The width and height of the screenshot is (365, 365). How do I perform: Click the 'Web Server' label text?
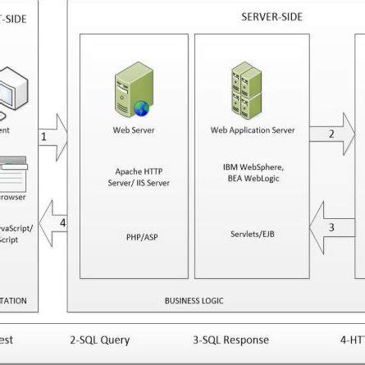(133, 130)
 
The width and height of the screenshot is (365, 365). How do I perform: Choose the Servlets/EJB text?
(247, 234)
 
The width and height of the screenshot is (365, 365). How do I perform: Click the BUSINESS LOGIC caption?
(194, 301)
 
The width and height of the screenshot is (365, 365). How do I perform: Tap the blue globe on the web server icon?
(142, 107)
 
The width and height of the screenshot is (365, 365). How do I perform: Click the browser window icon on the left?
(13, 173)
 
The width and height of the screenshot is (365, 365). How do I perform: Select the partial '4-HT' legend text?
(352, 340)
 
